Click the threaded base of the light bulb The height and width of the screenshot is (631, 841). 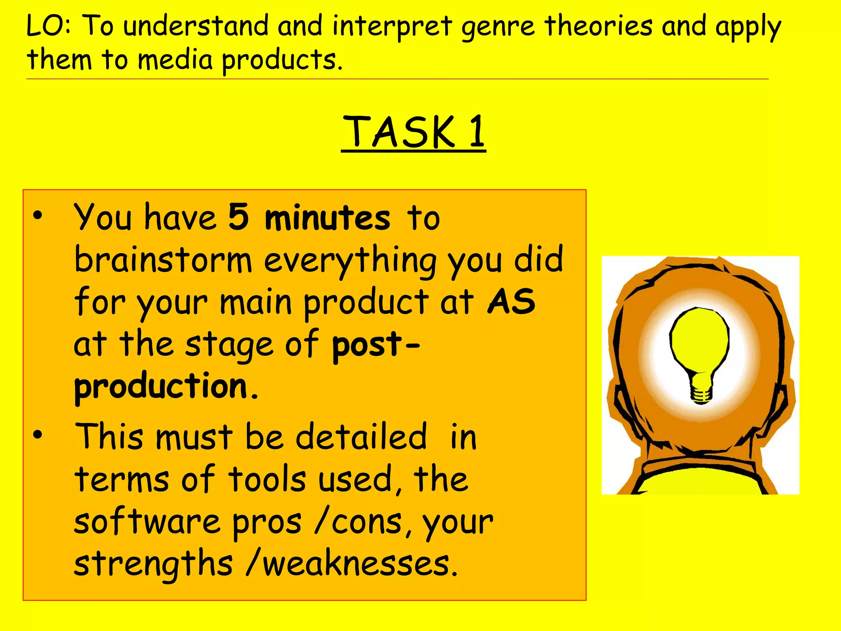[701, 392]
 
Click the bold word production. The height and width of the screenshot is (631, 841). [161, 387]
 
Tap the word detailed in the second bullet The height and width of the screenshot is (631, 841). [361, 437]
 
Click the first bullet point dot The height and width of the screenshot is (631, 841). [38, 216]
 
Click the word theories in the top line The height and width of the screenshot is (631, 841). [598, 25]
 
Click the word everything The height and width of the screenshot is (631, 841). [350, 261]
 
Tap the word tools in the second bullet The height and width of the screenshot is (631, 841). [267, 479]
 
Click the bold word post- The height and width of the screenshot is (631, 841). [375, 345]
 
